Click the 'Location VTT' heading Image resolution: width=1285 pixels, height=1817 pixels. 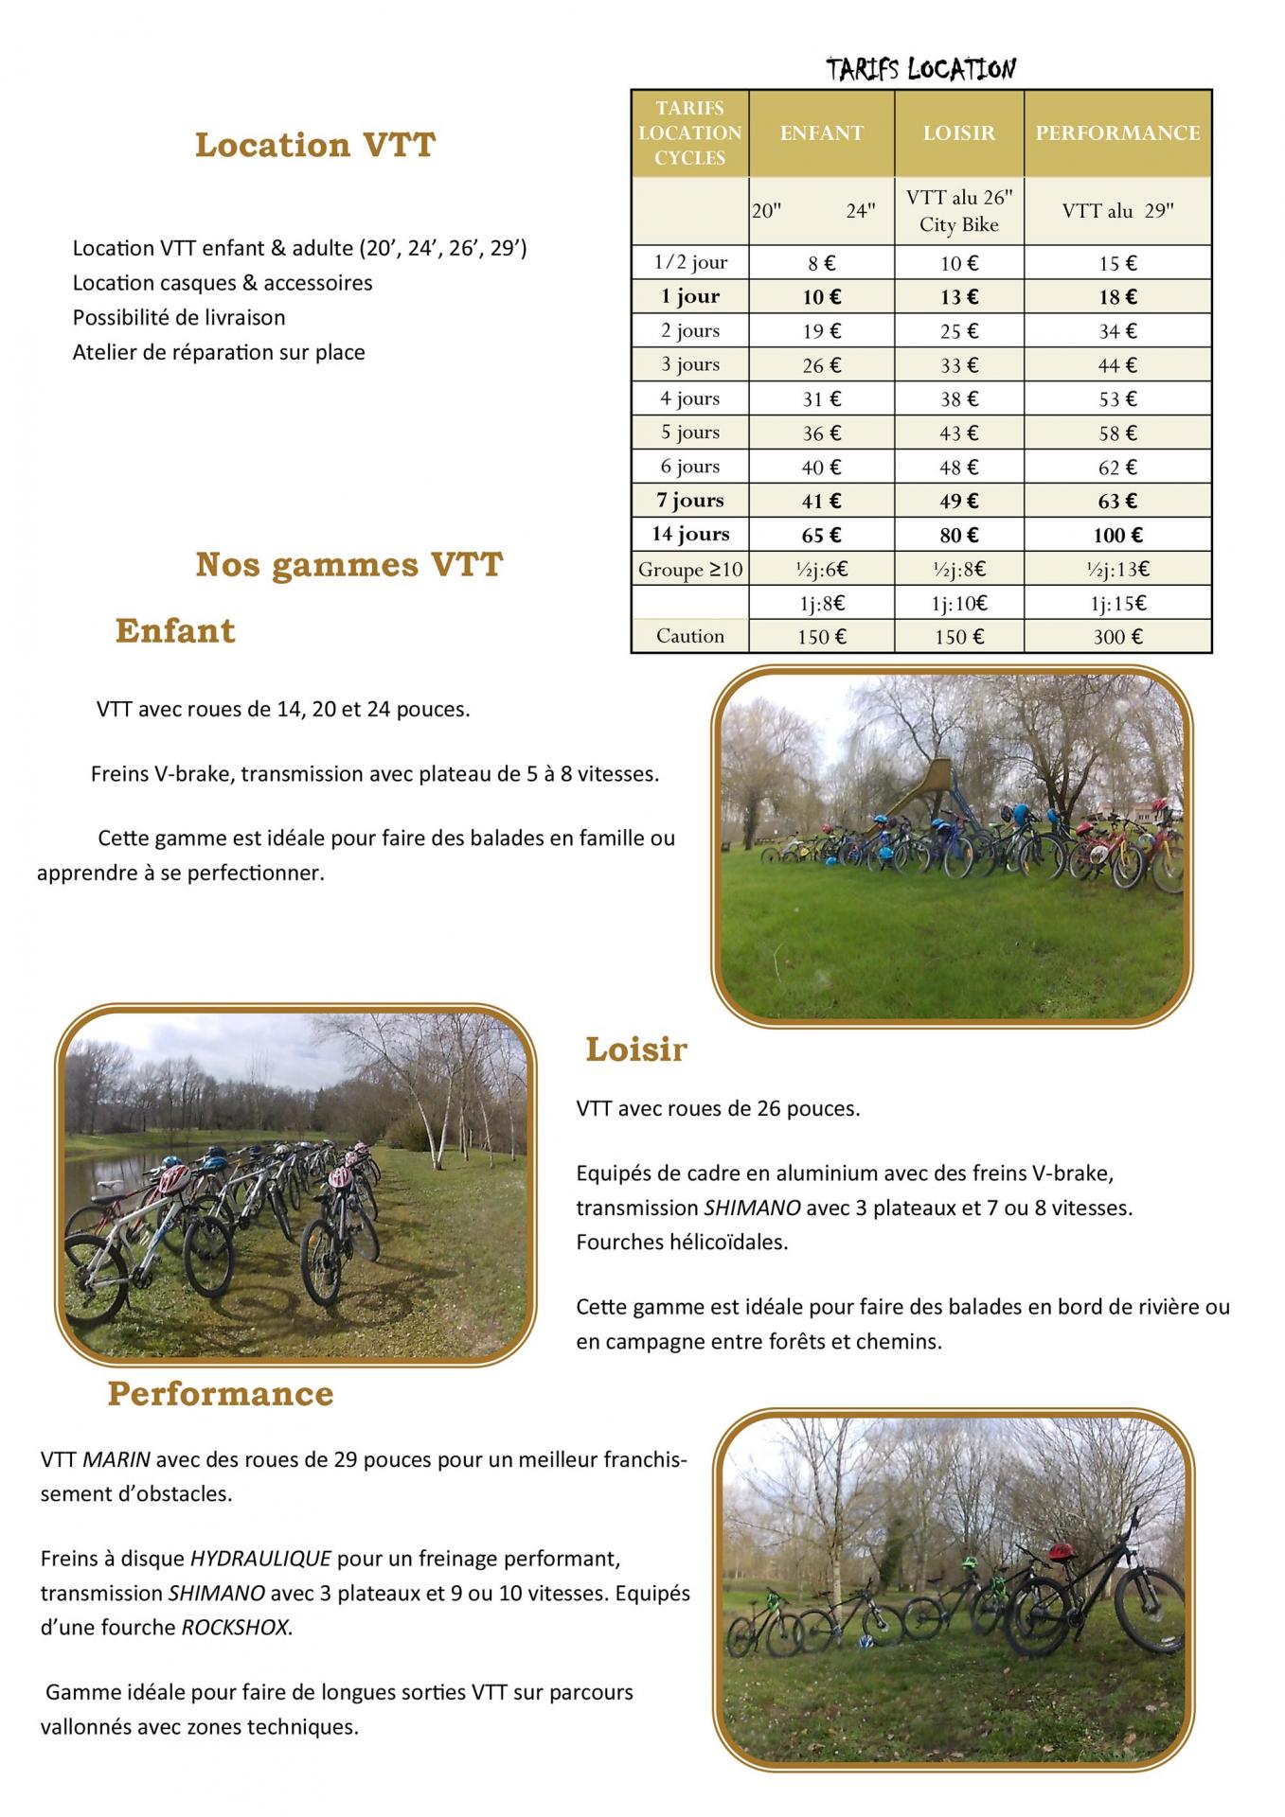(314, 146)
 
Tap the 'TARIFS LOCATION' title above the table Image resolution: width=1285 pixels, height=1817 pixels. (920, 69)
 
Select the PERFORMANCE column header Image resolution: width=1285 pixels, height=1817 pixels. (1117, 133)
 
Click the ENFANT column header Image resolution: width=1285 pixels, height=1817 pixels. (821, 133)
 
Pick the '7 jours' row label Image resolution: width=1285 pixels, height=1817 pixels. (690, 501)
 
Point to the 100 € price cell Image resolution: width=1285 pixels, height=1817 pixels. (1117, 535)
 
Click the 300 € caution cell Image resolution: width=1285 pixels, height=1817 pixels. (1117, 637)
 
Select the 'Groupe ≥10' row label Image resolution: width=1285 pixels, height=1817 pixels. (690, 569)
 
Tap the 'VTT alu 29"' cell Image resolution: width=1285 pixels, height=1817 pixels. (1117, 211)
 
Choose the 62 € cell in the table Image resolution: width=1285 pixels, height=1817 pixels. (1117, 467)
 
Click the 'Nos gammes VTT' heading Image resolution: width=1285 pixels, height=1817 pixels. (348, 565)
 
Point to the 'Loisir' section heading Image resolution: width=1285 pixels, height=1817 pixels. (635, 1050)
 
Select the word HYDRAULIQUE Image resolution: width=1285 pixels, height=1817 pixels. (260, 1558)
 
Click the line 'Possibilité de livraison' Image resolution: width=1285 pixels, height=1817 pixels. (179, 318)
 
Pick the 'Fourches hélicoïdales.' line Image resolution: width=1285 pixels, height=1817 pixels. (682, 1242)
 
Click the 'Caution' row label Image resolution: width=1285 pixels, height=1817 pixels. (690, 636)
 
